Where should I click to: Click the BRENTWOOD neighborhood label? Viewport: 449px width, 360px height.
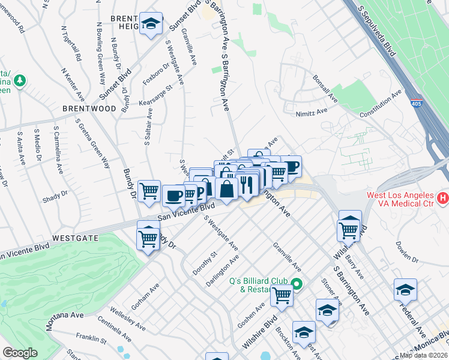click(89, 109)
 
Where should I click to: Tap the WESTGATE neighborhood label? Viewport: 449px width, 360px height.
click(74, 238)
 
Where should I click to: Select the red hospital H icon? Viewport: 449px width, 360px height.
click(443, 197)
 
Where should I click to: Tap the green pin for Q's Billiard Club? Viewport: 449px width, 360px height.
click(295, 283)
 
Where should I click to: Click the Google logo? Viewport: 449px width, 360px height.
click(20, 353)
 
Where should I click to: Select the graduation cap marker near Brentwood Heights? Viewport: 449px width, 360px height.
click(151, 24)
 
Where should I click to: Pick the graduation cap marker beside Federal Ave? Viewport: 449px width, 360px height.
click(405, 289)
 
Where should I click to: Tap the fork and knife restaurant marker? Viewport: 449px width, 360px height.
click(247, 184)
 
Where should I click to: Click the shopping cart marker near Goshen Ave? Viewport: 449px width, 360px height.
click(281, 295)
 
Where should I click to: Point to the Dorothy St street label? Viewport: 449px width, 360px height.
click(212, 264)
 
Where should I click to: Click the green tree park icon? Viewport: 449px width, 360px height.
click(19, 80)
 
